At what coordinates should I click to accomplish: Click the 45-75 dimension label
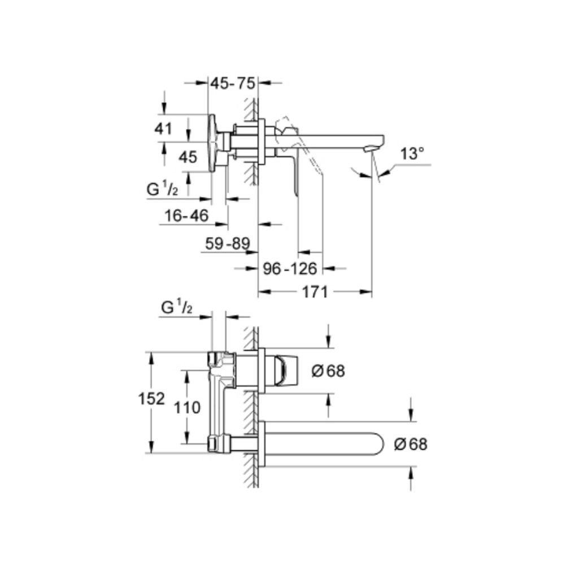(x=233, y=83)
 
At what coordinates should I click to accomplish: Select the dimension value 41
(x=163, y=128)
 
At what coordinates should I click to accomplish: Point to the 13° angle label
(x=412, y=154)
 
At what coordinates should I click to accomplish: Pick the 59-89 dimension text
(x=228, y=244)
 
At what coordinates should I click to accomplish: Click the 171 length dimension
(x=315, y=292)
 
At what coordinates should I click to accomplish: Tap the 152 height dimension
(x=151, y=398)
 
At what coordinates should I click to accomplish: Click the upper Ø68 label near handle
(x=328, y=371)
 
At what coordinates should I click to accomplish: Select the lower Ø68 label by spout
(x=411, y=444)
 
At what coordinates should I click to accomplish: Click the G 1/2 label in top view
(x=163, y=190)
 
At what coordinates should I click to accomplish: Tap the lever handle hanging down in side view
(x=294, y=175)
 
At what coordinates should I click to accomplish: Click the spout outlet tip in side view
(x=370, y=149)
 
